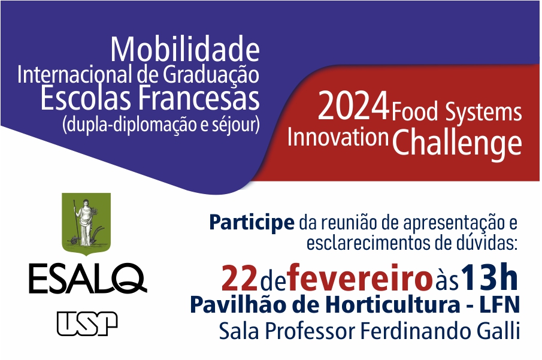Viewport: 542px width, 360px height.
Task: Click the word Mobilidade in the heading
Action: tap(185, 50)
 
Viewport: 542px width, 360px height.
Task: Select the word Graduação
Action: tap(211, 75)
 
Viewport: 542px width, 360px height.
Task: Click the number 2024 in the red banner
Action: tap(353, 107)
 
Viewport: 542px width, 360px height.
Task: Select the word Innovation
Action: tap(338, 137)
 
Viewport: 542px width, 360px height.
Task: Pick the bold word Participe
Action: tap(252, 223)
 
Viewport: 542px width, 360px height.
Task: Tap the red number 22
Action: tap(240, 278)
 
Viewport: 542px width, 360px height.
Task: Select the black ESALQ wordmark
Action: tap(88, 279)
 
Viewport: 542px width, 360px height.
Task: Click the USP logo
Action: tap(87, 323)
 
